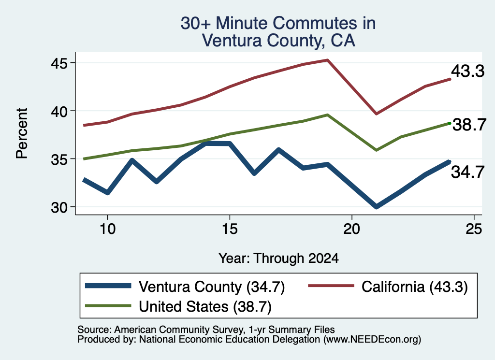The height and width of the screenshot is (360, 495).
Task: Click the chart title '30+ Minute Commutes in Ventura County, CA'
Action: point(278,32)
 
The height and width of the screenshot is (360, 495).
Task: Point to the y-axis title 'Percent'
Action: point(22,133)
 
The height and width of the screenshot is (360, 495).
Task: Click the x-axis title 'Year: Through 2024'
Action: point(278,258)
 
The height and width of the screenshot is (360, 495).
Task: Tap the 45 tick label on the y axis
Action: point(59,63)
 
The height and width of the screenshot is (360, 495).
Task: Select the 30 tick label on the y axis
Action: point(59,207)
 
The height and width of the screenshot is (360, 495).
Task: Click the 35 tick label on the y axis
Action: point(59,159)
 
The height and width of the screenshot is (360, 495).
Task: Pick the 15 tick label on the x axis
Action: point(230,229)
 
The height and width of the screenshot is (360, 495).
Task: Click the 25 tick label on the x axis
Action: point(474,229)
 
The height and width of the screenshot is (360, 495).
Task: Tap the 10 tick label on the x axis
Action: point(108,229)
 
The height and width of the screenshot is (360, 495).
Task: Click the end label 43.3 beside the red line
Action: point(467,71)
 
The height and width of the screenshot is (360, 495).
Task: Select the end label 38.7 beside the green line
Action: point(469,125)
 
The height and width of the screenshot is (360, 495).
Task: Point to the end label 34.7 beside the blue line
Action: point(467,173)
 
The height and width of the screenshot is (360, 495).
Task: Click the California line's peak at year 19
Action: point(328,60)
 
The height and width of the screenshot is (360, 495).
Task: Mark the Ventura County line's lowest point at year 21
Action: point(376,207)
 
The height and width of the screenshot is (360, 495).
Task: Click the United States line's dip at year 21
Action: point(376,150)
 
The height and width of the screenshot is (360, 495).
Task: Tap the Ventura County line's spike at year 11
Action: point(132,160)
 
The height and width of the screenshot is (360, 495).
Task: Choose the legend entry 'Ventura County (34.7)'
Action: point(185,287)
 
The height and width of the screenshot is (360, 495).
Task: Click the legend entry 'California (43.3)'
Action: point(388,287)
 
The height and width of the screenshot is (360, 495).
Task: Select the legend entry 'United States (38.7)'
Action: point(178,306)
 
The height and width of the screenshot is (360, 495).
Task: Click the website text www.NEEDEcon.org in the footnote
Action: point(372,340)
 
